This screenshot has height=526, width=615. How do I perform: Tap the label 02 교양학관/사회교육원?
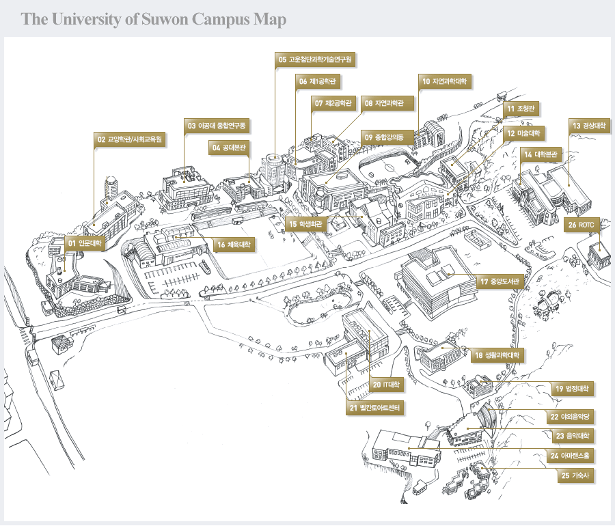pos(129,139)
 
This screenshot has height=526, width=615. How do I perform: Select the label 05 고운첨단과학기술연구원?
pos(315,60)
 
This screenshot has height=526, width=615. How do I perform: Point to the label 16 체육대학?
pos(233,245)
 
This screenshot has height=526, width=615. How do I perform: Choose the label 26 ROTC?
pos(582,224)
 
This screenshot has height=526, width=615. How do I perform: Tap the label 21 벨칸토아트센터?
pos(376,409)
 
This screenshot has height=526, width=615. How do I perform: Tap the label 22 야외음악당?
pos(570,416)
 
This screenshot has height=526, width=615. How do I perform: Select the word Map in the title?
pos(270,19)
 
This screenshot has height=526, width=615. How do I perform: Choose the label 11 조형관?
pos(523,108)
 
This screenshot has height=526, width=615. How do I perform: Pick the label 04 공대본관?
pos(230,147)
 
